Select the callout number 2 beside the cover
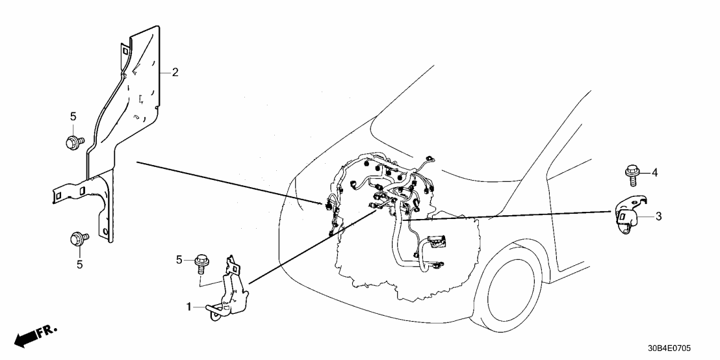click(175, 72)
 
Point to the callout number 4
click(655, 172)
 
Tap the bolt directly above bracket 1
click(200, 264)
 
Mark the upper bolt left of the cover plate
click(72, 142)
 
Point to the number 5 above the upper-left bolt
click(73, 116)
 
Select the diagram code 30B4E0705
click(680, 348)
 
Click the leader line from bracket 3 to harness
click(507, 215)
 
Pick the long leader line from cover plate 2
click(227, 182)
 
